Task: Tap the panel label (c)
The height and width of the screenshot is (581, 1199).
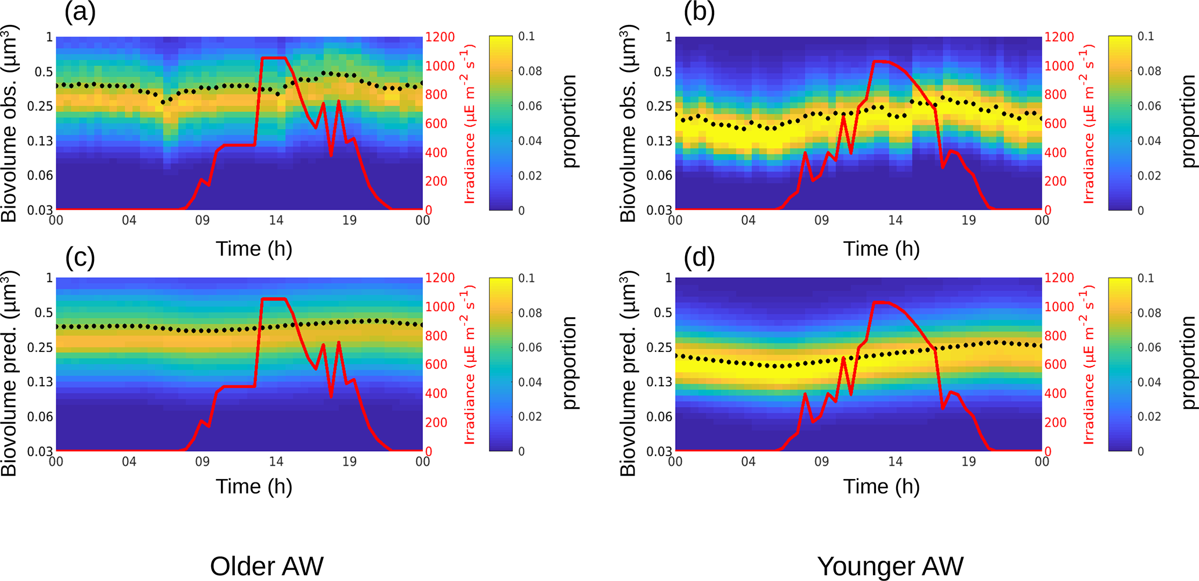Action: click(79, 257)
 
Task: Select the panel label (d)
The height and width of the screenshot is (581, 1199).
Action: click(698, 257)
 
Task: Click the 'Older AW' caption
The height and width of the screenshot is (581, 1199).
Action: click(266, 566)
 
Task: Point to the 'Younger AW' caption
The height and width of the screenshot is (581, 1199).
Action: click(890, 566)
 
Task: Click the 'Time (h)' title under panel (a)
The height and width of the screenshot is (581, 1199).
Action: click(253, 249)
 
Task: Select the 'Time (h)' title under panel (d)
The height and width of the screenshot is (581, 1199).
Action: click(881, 486)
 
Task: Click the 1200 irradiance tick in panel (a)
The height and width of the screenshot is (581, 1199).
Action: click(440, 37)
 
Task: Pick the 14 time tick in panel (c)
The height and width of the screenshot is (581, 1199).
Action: click(276, 462)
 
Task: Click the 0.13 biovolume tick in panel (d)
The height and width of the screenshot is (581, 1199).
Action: click(659, 382)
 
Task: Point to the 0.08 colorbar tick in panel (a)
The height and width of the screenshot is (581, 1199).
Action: click(530, 71)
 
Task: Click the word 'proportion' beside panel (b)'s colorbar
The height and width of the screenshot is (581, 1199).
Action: click(1188, 121)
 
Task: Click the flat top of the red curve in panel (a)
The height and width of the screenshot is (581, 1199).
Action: click(273, 58)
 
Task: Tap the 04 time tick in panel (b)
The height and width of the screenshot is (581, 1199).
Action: click(748, 220)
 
